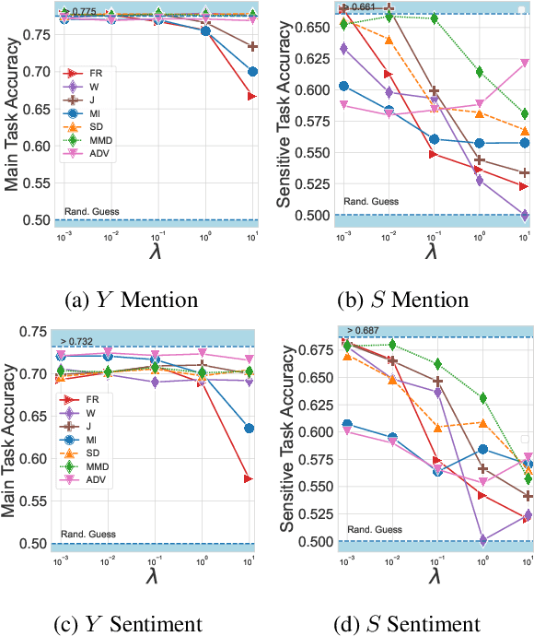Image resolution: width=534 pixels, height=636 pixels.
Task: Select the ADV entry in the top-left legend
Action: point(92,152)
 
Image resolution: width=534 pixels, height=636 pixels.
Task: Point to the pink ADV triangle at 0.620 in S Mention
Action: point(525,64)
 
